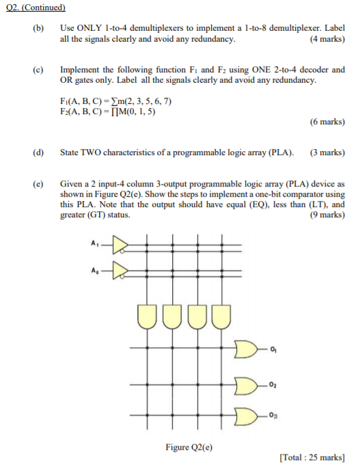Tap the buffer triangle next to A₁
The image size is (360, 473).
[x=120, y=245]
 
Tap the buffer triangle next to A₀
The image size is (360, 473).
[x=120, y=271]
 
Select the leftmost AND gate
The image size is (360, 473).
[x=147, y=316]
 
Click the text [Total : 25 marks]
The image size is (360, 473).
[x=312, y=458]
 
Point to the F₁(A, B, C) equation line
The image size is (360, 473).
[x=115, y=101]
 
